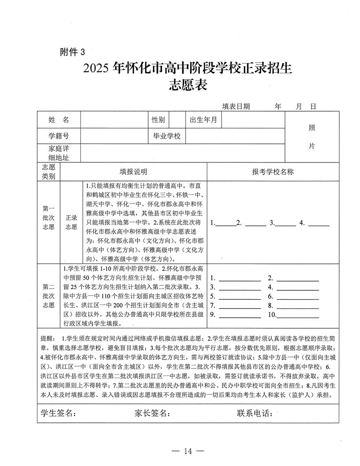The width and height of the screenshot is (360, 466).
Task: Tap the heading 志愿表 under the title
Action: click(x=191, y=85)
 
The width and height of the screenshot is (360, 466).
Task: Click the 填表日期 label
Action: click(x=236, y=106)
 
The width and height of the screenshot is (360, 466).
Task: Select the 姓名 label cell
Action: click(x=59, y=120)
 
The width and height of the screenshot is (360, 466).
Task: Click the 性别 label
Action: click(x=158, y=120)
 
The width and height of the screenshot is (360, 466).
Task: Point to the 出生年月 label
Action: click(x=203, y=120)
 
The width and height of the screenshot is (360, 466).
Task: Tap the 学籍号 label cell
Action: click(x=59, y=136)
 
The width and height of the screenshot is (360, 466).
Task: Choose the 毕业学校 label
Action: click(x=167, y=136)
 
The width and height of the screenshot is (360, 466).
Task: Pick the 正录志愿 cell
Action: click(x=71, y=222)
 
